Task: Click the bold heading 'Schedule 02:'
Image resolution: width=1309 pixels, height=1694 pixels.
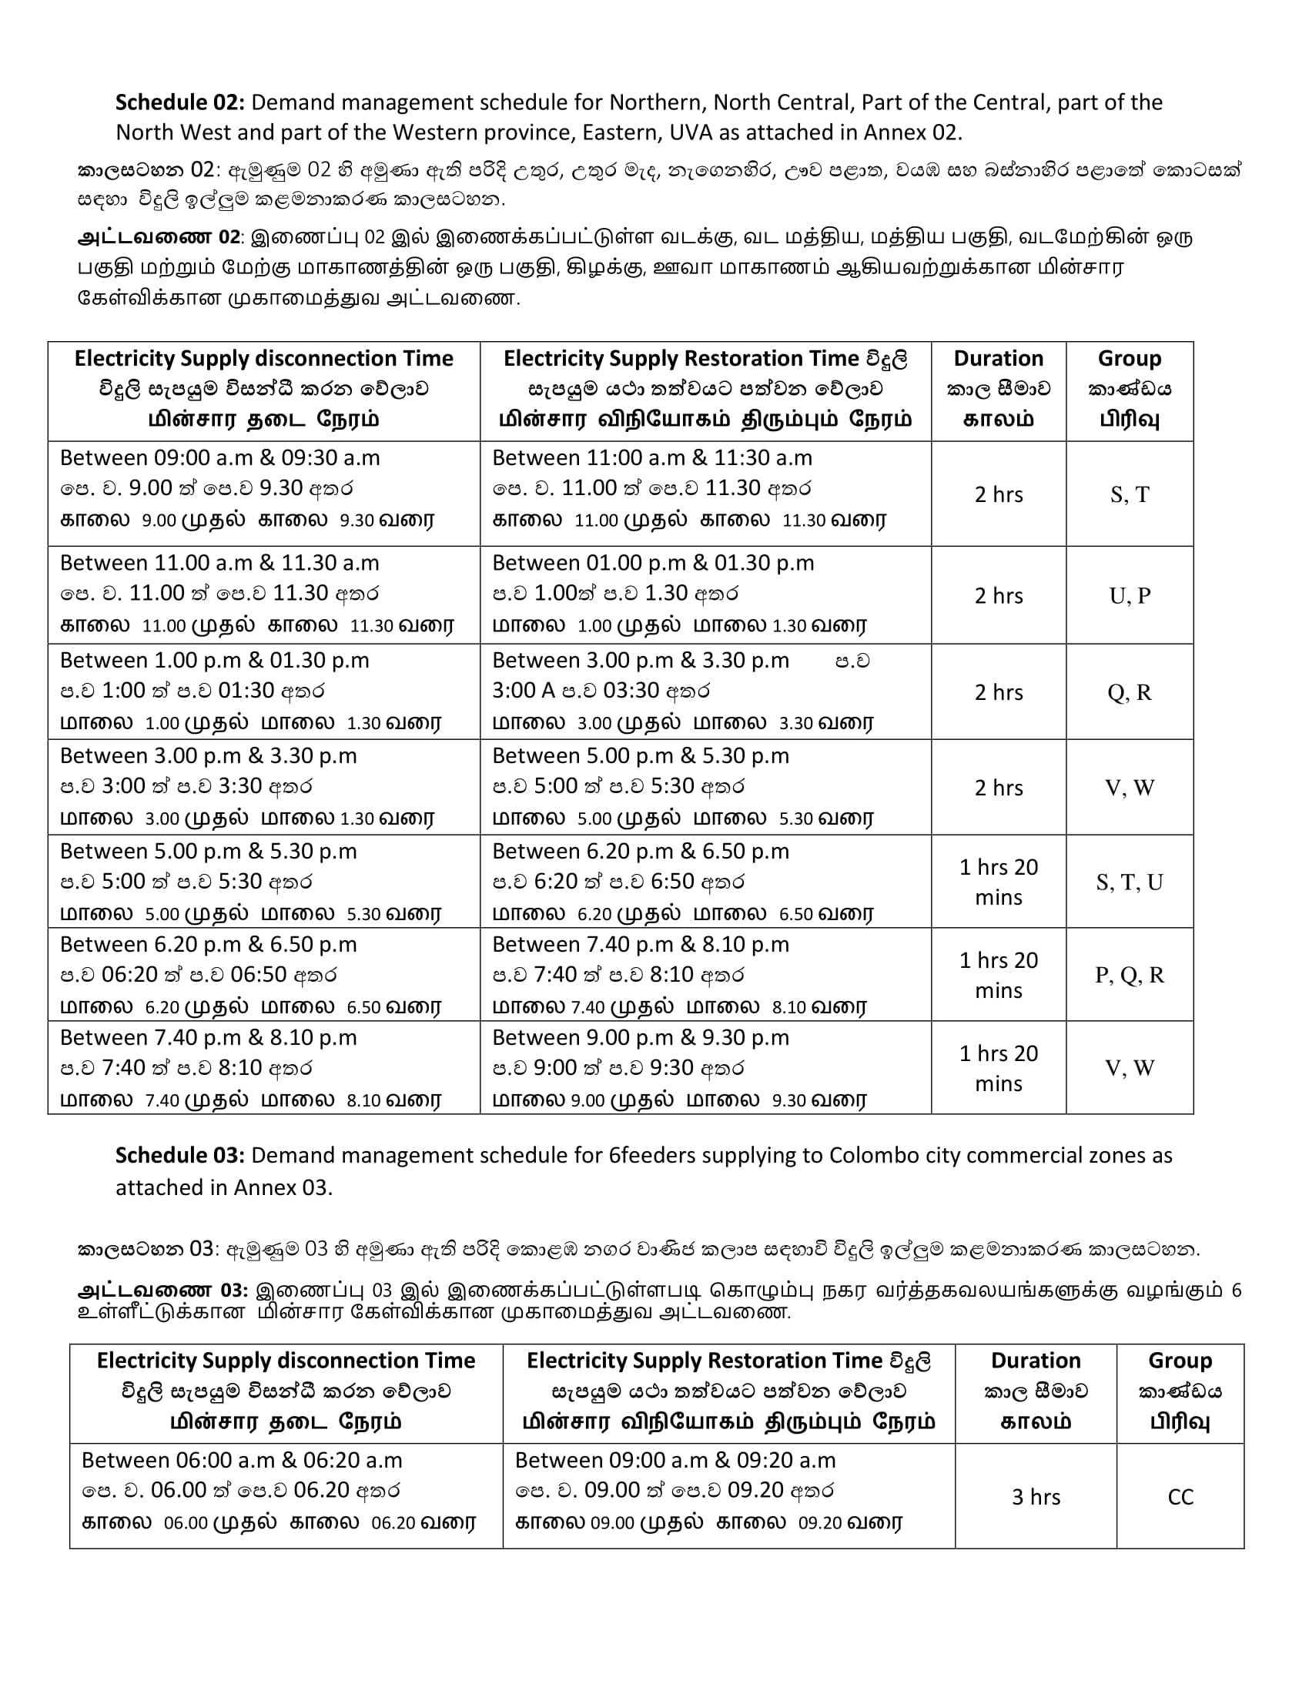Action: click(x=180, y=102)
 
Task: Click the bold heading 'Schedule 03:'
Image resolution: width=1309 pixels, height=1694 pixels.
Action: click(x=180, y=1156)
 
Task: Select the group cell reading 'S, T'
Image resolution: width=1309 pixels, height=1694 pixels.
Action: click(x=1129, y=494)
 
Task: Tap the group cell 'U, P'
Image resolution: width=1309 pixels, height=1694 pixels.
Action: click(x=1129, y=596)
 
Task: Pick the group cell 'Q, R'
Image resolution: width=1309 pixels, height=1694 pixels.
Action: click(x=1129, y=692)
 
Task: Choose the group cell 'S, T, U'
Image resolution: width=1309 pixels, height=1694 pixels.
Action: click(x=1129, y=882)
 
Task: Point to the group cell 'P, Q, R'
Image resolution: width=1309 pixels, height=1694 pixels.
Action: click(x=1129, y=975)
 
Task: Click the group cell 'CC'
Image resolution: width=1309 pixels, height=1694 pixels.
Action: click(x=1180, y=1497)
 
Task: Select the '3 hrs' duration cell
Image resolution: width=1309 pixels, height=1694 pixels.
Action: click(x=1035, y=1497)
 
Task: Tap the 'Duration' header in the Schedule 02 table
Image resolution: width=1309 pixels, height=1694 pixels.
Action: click(x=998, y=358)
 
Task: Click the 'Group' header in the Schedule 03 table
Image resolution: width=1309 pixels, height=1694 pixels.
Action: click(x=1180, y=1361)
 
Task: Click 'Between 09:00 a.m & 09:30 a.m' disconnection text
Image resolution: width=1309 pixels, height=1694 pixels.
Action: click(x=219, y=457)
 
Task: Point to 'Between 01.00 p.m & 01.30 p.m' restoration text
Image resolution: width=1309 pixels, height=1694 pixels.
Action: click(x=653, y=562)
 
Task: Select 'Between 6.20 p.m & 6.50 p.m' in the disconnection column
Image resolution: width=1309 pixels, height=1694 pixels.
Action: click(x=208, y=945)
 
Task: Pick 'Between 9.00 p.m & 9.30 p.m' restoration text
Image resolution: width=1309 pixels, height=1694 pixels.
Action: click(x=641, y=1038)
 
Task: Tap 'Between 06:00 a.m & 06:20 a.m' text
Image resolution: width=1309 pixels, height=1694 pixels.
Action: click(x=242, y=1461)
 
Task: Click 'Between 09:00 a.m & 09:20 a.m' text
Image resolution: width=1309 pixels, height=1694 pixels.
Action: click(x=675, y=1461)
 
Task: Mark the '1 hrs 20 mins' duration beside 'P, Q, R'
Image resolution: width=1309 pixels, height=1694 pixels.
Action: click(x=998, y=975)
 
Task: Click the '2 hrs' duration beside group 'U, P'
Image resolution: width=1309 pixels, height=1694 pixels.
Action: click(x=998, y=596)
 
